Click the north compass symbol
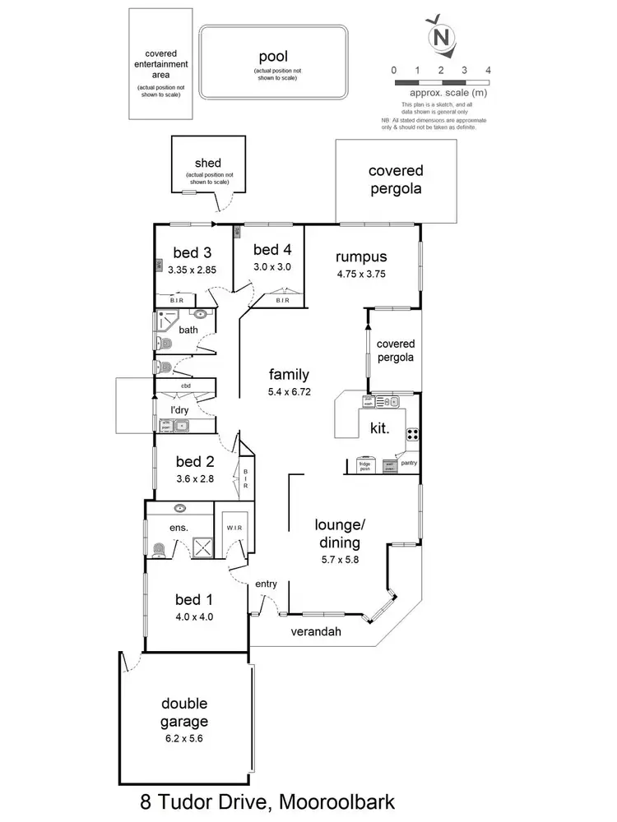pos(442,35)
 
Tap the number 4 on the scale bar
pos(489,71)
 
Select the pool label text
pos(271,57)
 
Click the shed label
pos(209,163)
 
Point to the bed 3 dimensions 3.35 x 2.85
pos(191,269)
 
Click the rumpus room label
pos(366,256)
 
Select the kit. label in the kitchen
pos(380,428)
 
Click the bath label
pos(189,330)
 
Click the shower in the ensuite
pos(201,546)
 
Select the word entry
pos(266,584)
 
